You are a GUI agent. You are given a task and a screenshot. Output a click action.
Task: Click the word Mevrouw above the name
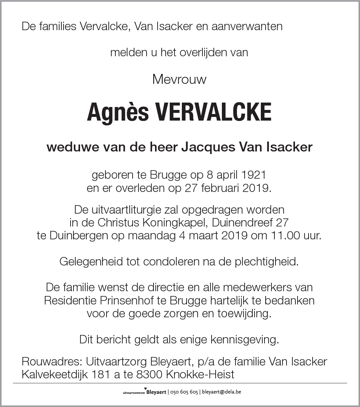pos(179,79)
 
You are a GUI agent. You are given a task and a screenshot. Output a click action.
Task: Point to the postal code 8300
pos(147,375)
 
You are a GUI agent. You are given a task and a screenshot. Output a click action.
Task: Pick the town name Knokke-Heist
pos(200,375)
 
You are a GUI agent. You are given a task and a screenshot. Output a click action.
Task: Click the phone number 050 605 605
pos(184,392)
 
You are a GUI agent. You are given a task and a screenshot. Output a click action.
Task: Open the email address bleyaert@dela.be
pos(222,392)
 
